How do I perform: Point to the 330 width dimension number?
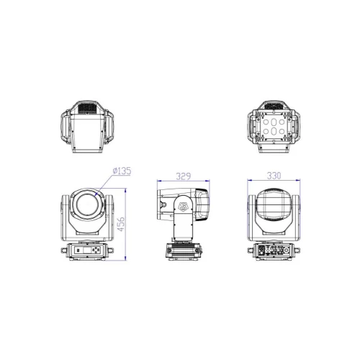(273, 175)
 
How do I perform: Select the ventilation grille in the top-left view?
(88, 109)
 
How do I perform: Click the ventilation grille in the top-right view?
(273, 107)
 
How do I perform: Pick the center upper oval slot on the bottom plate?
(273, 122)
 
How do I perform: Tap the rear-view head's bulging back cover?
(273, 207)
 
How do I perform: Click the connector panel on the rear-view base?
(273, 251)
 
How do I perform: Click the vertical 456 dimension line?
(127, 223)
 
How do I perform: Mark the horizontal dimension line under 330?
(273, 181)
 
